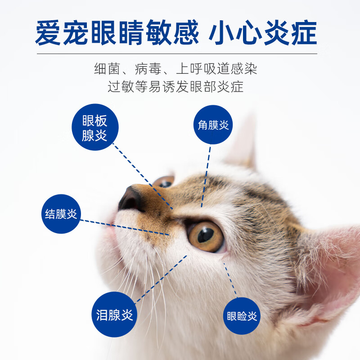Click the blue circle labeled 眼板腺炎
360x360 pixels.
tap(95, 127)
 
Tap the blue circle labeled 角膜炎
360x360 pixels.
tap(213, 125)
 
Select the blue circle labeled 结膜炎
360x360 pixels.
tap(61, 214)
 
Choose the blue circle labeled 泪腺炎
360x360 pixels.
tap(115, 315)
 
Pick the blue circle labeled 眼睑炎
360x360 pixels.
tap(242, 316)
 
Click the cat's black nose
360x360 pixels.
tap(131, 199)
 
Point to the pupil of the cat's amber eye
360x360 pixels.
tap(206, 234)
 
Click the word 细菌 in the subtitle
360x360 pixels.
tap(105, 68)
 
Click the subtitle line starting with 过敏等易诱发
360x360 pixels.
tap(175, 86)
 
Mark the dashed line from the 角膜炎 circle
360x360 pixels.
tap(206, 175)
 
